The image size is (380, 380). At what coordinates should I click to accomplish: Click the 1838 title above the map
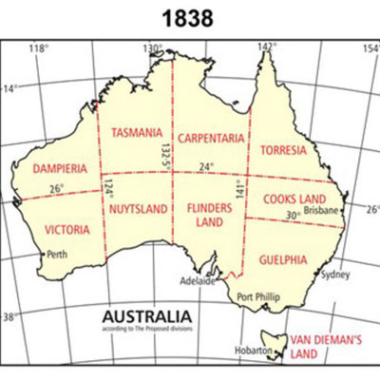pyautogui.click(x=190, y=17)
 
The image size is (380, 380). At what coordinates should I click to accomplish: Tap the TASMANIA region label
pyautogui.click(x=136, y=136)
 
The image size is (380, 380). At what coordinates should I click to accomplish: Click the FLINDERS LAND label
pyautogui.click(x=205, y=214)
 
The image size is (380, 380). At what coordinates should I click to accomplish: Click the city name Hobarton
pyautogui.click(x=256, y=350)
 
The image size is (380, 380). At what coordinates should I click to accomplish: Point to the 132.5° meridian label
pyautogui.click(x=166, y=151)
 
